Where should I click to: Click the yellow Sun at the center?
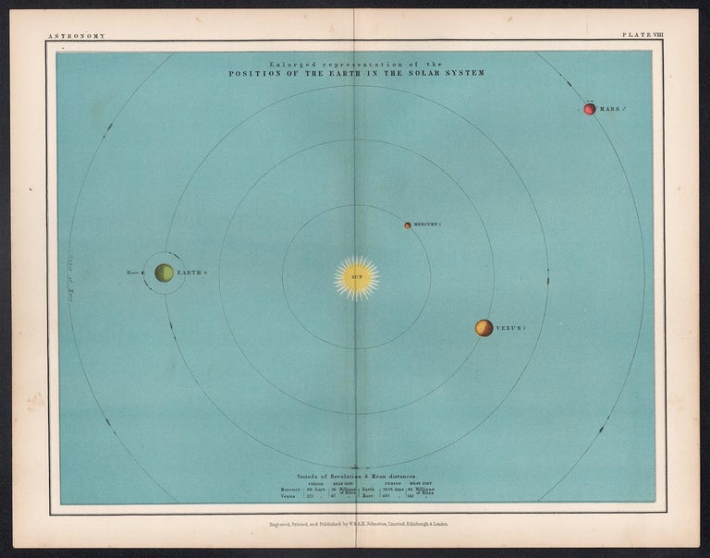click(x=357, y=277)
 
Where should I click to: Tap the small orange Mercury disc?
click(x=407, y=224)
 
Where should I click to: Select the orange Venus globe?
click(x=484, y=328)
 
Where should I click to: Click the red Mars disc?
click(x=589, y=109)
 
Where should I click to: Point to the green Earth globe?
click(x=164, y=273)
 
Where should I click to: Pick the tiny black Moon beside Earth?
click(x=145, y=273)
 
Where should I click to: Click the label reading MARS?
click(x=609, y=109)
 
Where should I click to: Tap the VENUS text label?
click(x=509, y=328)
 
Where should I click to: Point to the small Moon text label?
click(x=133, y=273)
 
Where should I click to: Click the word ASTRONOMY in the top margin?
click(x=75, y=35)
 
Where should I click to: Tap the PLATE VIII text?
click(x=643, y=35)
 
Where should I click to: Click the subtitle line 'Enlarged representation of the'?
click(x=356, y=63)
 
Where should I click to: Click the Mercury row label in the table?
click(x=292, y=489)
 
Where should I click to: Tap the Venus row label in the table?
click(x=290, y=497)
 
